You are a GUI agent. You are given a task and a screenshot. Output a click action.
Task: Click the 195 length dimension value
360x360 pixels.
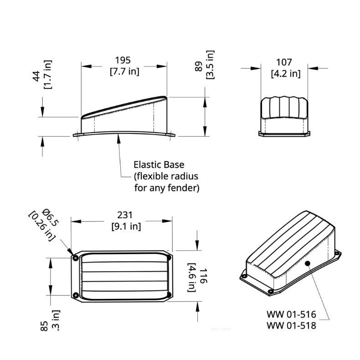(123, 60)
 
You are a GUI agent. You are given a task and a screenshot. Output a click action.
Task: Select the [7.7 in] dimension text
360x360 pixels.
(124, 72)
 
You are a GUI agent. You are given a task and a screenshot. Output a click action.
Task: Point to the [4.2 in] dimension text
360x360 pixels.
(285, 73)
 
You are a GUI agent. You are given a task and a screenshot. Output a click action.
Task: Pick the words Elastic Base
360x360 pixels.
(159, 165)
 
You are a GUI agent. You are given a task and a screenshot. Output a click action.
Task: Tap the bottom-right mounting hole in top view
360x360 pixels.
(169, 295)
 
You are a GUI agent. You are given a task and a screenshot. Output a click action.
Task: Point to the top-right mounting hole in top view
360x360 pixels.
(169, 257)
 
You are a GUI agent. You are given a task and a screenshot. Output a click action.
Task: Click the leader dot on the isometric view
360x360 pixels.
(308, 263)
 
